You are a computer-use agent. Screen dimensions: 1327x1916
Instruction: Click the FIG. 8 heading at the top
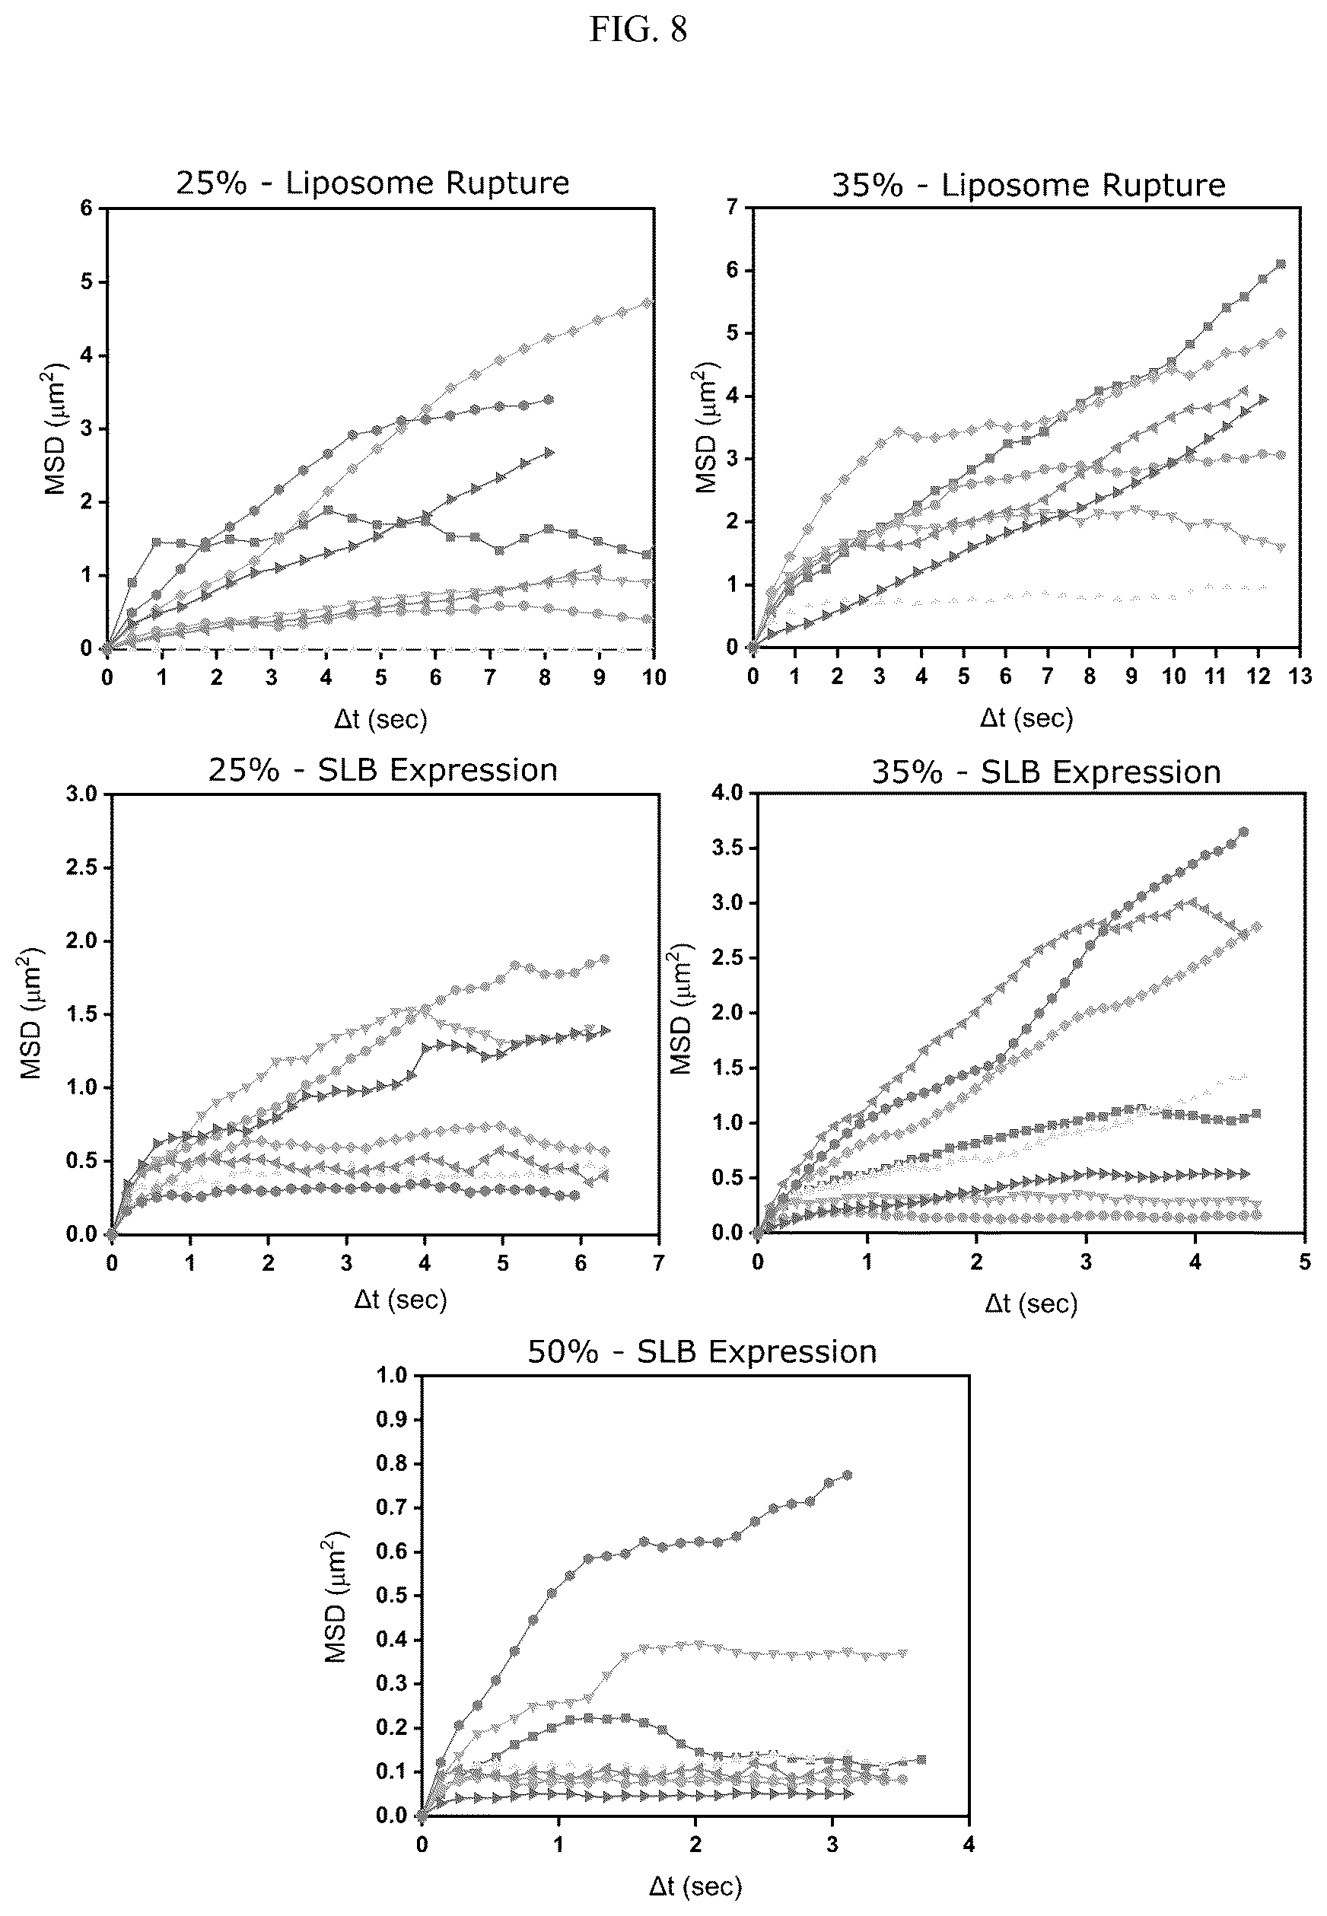tap(638, 30)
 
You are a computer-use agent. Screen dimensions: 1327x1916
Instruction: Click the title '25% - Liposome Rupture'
tap(373, 183)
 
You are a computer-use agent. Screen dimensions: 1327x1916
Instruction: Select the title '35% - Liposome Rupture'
tap(1029, 185)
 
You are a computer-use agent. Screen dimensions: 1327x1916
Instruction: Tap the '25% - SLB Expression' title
tap(383, 770)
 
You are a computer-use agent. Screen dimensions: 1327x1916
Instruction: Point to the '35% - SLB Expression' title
tap(1046, 772)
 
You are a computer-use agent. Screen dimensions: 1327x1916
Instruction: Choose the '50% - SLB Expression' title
tap(702, 1351)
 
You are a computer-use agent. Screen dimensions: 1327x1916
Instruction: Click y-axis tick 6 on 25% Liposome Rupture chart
tap(86, 208)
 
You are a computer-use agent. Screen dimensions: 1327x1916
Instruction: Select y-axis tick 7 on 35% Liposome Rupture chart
tap(731, 207)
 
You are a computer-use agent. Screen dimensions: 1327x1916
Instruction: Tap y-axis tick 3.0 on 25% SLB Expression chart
tap(81, 794)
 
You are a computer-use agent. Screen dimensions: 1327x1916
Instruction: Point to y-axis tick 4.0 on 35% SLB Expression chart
tap(726, 793)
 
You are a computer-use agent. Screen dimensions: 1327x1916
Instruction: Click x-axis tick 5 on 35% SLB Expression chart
tap(1304, 1262)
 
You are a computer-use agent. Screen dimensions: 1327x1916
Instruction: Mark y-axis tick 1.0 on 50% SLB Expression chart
tap(392, 1376)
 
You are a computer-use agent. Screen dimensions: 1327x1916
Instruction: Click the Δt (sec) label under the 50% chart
tap(695, 1880)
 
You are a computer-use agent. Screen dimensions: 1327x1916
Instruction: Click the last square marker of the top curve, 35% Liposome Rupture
tap(1281, 264)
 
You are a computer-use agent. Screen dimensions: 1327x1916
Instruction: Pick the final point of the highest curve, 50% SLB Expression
tap(847, 1475)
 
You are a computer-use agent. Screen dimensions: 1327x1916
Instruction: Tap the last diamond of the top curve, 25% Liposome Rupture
tap(648, 304)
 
